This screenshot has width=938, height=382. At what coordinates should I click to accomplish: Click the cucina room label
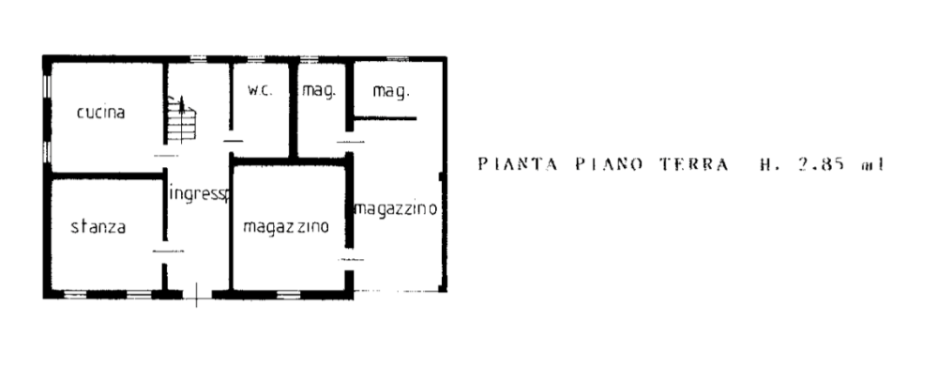(x=101, y=114)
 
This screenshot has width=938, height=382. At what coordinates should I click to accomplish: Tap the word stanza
(x=98, y=226)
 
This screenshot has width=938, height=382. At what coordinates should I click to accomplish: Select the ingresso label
(x=199, y=195)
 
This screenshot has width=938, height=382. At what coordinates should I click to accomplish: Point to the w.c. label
(x=259, y=91)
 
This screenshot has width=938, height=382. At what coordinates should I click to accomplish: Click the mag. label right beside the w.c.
(x=318, y=92)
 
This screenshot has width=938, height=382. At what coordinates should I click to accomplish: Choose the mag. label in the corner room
(x=390, y=92)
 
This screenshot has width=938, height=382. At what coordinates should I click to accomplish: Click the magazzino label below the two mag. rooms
(x=395, y=209)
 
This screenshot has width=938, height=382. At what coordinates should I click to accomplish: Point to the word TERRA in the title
(x=694, y=165)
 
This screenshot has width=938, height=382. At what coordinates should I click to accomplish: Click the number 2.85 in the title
(x=818, y=165)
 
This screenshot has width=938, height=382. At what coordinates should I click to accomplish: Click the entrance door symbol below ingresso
(x=196, y=295)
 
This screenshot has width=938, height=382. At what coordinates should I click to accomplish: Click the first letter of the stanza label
(x=74, y=227)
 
